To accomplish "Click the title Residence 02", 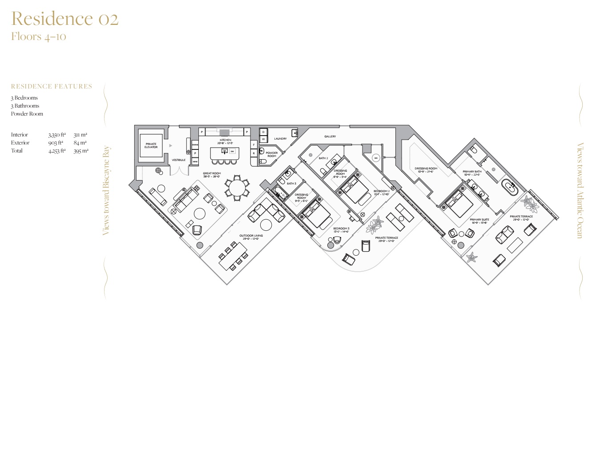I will pos(65,19).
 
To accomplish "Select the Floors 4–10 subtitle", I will pos(39,36).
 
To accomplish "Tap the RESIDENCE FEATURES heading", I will pos(52,86).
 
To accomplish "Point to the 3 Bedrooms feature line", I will pos(24,98).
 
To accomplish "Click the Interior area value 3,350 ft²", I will pos(57,135).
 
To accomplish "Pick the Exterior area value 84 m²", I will pos(80,143).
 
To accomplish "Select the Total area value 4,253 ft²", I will pos(57,151).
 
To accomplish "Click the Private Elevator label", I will pos(151,145).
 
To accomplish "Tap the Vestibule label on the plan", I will pos(179,160).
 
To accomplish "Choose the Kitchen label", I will pos(226,140).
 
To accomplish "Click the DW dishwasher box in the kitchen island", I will pos(232,151).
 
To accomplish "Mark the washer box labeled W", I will pos(263,139).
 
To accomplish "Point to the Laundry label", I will pos(280,139).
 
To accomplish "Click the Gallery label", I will pos(330,137).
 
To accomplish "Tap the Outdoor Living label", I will pos(251,236).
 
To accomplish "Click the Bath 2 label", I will pos(323,158).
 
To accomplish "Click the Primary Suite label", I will pos(479,220).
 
